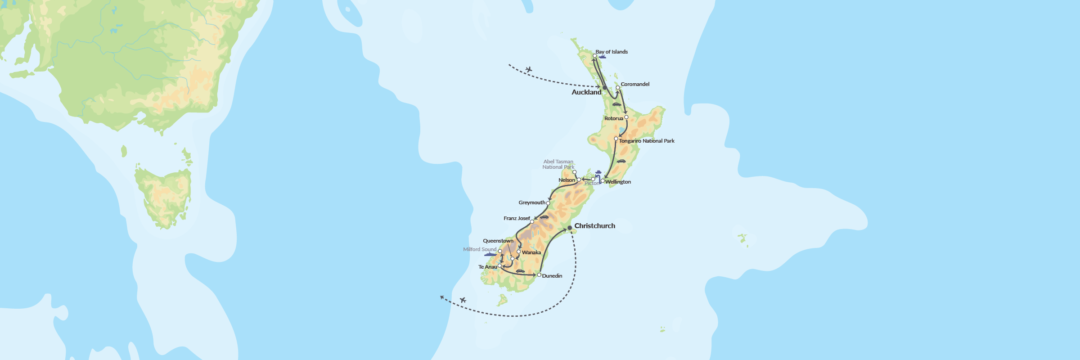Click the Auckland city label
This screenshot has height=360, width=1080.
click(x=586, y=92)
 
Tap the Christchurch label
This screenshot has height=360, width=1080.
click(x=594, y=226)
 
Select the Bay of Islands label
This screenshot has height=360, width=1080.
click(x=611, y=52)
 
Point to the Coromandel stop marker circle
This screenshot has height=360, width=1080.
click(x=618, y=88)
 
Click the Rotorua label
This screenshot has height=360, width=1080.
click(x=613, y=118)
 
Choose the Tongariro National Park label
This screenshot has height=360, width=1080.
click(x=646, y=141)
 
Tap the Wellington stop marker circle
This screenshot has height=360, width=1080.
click(x=603, y=181)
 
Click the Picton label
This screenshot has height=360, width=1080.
click(x=591, y=184)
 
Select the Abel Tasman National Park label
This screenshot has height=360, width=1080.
click(x=558, y=164)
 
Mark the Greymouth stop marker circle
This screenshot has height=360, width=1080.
click(x=548, y=203)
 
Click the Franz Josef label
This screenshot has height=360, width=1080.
click(x=516, y=218)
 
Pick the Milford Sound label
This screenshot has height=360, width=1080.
click(x=479, y=249)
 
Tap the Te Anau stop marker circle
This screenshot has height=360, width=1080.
click(x=499, y=266)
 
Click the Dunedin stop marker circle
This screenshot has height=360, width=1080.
click(x=539, y=274)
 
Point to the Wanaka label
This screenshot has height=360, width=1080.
click(x=531, y=252)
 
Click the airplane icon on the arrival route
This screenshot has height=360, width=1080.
click(x=529, y=69)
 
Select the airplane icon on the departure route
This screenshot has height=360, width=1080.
click(x=463, y=300)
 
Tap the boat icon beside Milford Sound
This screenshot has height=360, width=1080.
click(x=490, y=255)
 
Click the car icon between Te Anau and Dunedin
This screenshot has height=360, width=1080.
click(x=520, y=271)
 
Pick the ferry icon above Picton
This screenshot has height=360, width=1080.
click(x=598, y=172)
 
